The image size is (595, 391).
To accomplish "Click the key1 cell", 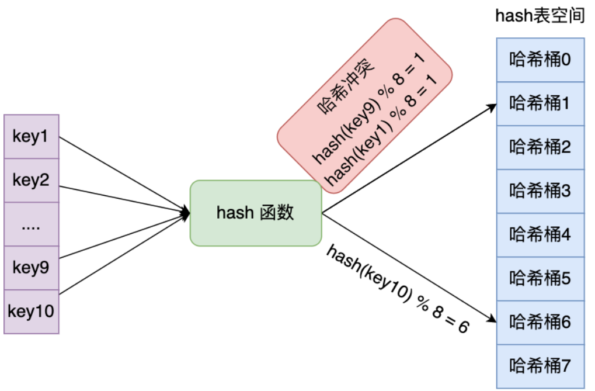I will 31,137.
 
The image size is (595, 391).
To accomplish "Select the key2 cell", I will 31,180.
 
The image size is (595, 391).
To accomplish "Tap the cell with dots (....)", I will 31,224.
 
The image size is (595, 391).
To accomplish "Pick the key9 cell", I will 31,268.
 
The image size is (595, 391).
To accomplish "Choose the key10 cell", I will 31,311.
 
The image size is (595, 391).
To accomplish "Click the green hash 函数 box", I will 256,213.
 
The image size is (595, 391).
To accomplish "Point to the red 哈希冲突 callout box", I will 365,105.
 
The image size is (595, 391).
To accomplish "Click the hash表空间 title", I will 540,16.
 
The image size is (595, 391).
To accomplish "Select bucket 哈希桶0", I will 540,60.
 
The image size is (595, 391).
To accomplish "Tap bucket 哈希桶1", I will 540,103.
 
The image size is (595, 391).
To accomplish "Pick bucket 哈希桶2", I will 540,147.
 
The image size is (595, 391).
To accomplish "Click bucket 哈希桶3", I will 540,191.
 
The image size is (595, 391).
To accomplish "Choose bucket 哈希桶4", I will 540,235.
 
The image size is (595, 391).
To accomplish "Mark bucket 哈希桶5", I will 540,278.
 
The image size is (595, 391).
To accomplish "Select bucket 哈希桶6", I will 540,322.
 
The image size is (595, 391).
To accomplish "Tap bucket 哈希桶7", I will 540,366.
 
